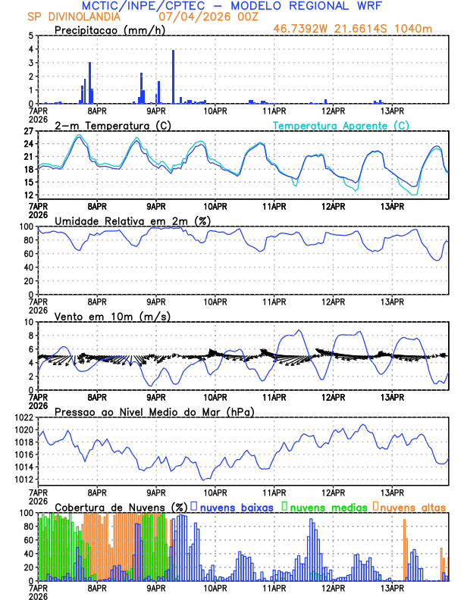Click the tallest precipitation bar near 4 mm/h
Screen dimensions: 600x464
pyautogui.click(x=174, y=76)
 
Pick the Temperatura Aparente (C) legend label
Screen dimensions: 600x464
pyautogui.click(x=340, y=125)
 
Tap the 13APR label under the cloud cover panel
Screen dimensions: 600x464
pyautogui.click(x=391, y=588)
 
